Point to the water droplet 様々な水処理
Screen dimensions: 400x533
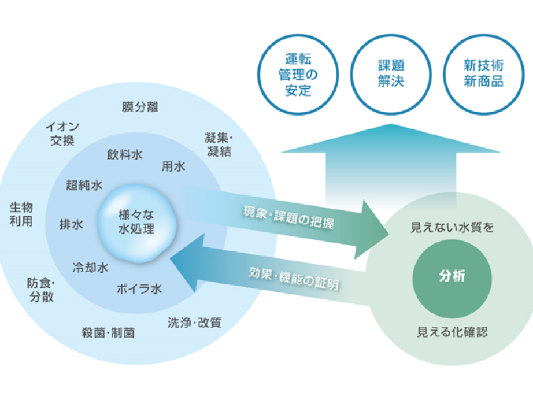pos(136,221)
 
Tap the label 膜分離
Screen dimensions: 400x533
pos(140,107)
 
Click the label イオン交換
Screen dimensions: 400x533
pos(62,133)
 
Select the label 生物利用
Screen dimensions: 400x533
pos(21,214)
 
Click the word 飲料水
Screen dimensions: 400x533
pos(125,154)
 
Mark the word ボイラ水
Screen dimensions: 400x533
pos(139,289)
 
